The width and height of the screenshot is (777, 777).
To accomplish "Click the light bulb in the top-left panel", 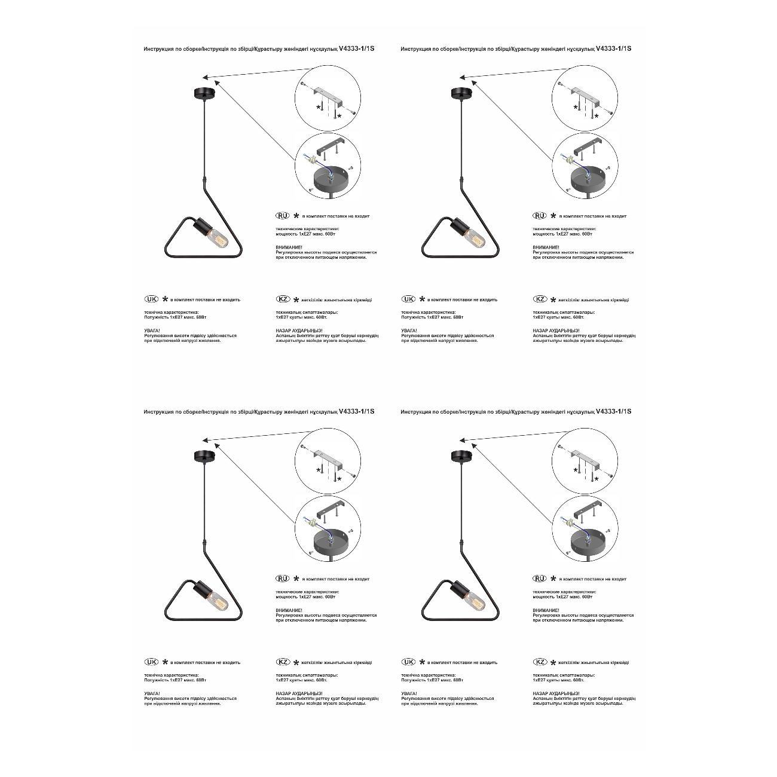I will tap(218, 237).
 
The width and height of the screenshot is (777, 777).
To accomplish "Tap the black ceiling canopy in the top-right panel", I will tap(460, 93).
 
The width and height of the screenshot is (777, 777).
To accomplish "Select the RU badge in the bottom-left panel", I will tap(282, 579).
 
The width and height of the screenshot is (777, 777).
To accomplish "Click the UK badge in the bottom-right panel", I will tap(409, 662).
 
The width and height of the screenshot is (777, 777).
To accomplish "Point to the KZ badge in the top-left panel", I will tap(283, 299).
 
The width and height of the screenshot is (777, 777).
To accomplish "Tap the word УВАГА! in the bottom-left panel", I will tap(152, 693).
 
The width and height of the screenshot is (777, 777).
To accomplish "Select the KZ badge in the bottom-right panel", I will tap(540, 662).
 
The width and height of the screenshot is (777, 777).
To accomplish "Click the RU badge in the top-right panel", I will tap(539, 216).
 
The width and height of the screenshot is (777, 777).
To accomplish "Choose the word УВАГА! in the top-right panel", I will tap(409, 331).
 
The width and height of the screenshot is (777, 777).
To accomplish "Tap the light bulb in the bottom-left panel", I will tap(218, 599).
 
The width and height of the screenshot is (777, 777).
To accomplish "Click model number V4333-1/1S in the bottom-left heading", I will tap(356, 411).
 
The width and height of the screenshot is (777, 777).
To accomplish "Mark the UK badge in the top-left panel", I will tap(152, 299).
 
